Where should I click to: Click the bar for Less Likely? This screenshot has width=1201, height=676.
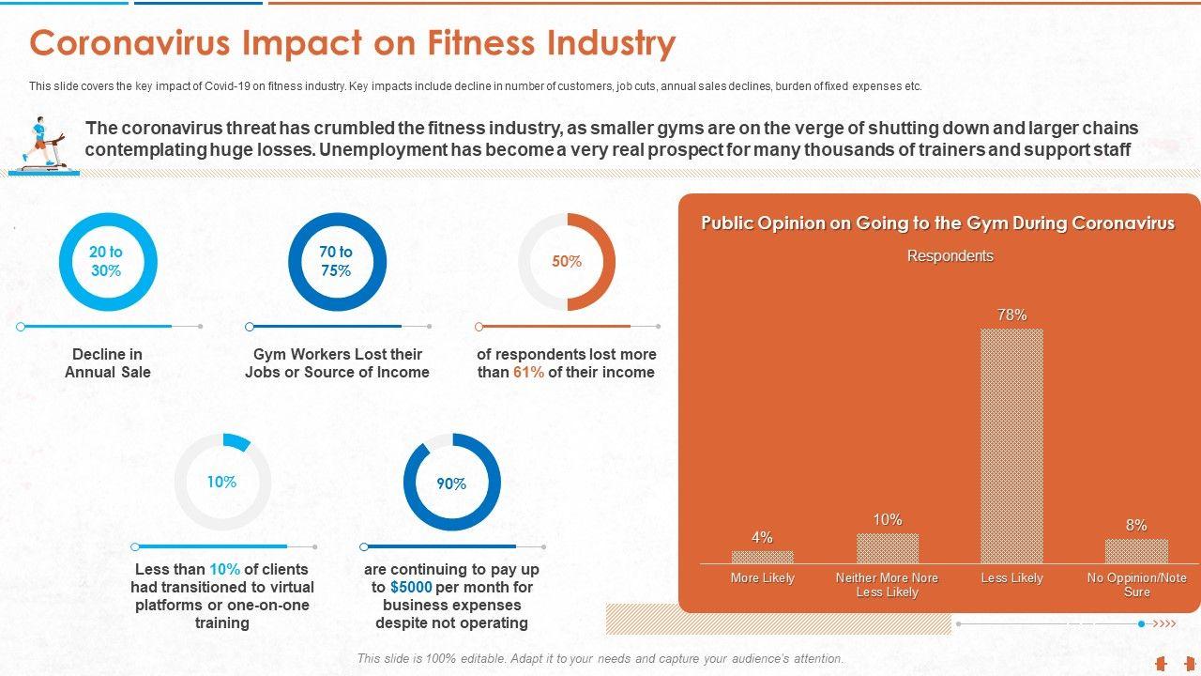click(x=1011, y=445)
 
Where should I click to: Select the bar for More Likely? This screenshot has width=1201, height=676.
click(x=762, y=557)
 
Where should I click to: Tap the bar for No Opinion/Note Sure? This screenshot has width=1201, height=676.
click(x=1136, y=551)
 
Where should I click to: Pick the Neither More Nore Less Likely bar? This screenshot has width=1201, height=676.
click(x=887, y=548)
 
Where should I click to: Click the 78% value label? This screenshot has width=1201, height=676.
click(x=1011, y=315)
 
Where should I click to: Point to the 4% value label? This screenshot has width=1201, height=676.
click(x=762, y=537)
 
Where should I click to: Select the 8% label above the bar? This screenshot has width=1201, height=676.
click(x=1136, y=525)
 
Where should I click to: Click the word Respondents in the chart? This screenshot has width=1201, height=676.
click(x=950, y=255)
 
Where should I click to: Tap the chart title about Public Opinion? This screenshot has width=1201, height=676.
click(x=937, y=223)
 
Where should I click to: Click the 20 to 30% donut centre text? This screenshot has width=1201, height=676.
click(x=106, y=261)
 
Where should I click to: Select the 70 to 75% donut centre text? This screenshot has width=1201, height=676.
click(x=336, y=261)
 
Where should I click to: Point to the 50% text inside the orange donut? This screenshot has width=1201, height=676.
click(x=567, y=262)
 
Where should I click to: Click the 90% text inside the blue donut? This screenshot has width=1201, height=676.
click(x=451, y=484)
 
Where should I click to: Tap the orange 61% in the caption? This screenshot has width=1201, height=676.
click(x=528, y=372)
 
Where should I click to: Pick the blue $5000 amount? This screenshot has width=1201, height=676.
click(x=411, y=587)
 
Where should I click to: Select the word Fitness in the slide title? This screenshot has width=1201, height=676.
click(x=488, y=44)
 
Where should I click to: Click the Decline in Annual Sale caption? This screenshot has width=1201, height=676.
click(x=108, y=363)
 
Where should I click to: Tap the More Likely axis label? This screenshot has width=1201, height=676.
click(x=762, y=578)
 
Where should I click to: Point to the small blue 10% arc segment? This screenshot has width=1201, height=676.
click(x=237, y=441)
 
